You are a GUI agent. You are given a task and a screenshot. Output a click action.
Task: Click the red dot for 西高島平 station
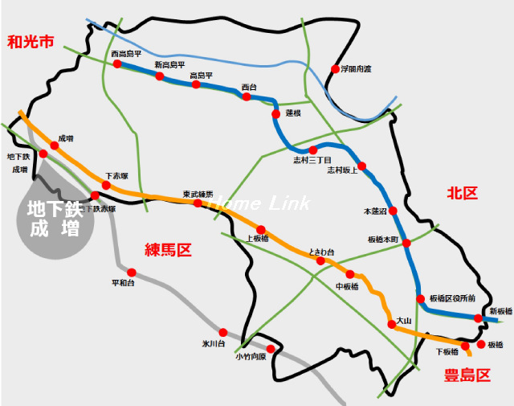pyautogui.click(x=118, y=64)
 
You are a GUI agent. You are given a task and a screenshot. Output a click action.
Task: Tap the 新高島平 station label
pyautogui.click(x=169, y=64)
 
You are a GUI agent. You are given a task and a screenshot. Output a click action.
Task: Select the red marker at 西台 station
pyautogui.click(x=247, y=96)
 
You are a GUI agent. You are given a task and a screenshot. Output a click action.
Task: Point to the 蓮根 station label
pyautogui.click(x=293, y=113)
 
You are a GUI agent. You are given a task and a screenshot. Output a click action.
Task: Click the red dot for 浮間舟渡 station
pyautogui.click(x=336, y=69)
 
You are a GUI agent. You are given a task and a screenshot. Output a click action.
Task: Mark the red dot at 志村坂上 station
pyautogui.click(x=362, y=166)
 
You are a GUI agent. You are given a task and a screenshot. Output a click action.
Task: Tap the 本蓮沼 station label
pyautogui.click(x=375, y=211)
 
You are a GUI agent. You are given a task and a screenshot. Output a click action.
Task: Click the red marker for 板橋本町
pyautogui.click(x=406, y=243)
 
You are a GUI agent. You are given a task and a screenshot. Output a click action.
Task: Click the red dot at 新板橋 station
pyautogui.click(x=479, y=318)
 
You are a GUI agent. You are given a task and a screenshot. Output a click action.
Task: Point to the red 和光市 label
pyautogui.click(x=30, y=42)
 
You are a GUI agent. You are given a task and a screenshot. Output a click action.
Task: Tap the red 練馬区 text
pyautogui.click(x=169, y=250)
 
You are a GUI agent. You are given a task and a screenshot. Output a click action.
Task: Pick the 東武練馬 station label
pyautogui.click(x=198, y=194)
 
